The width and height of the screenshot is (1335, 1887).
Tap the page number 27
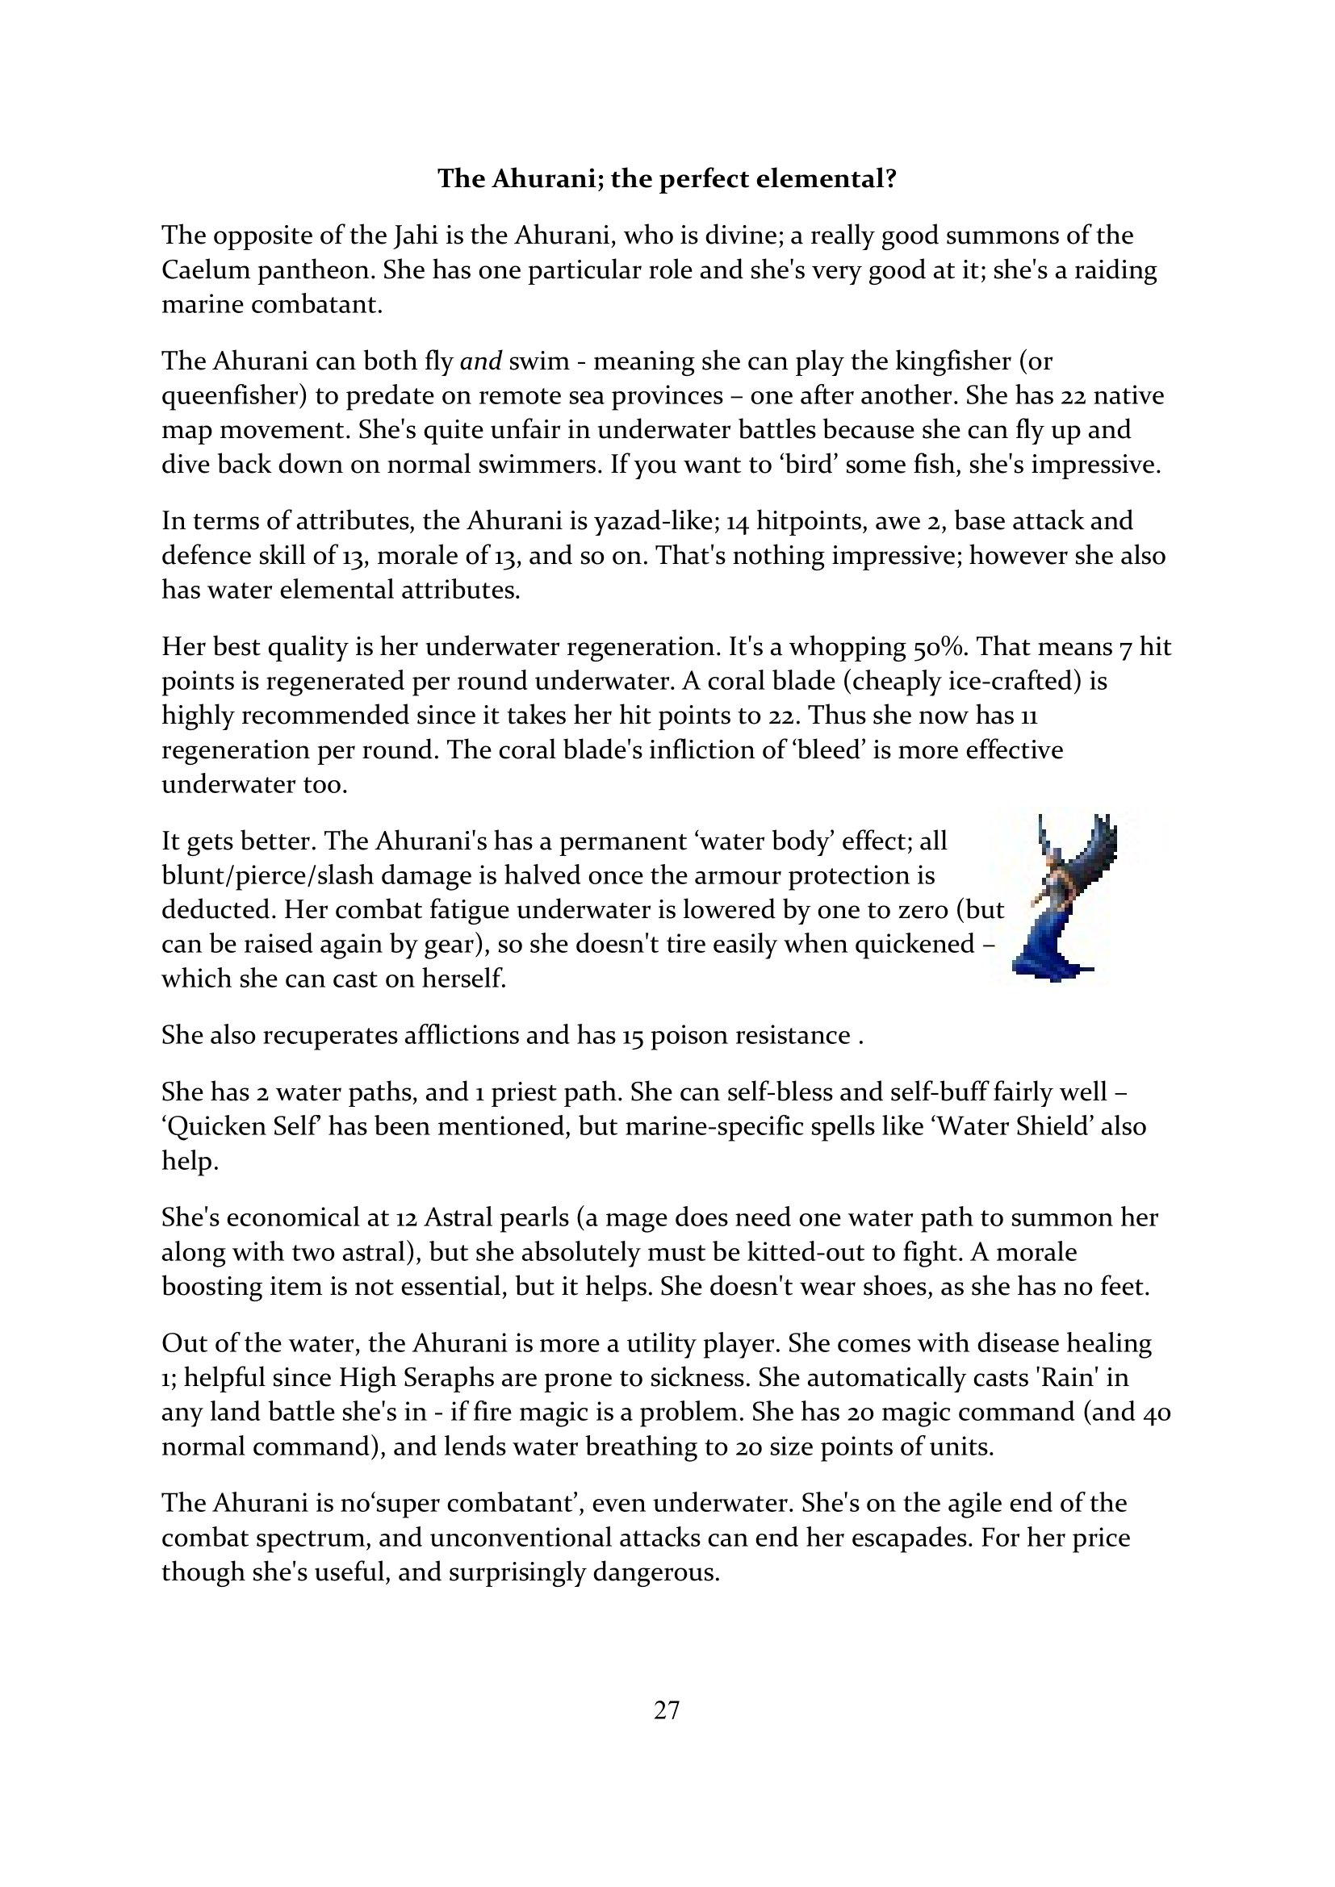tap(667, 1710)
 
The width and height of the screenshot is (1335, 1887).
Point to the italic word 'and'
tap(481, 361)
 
